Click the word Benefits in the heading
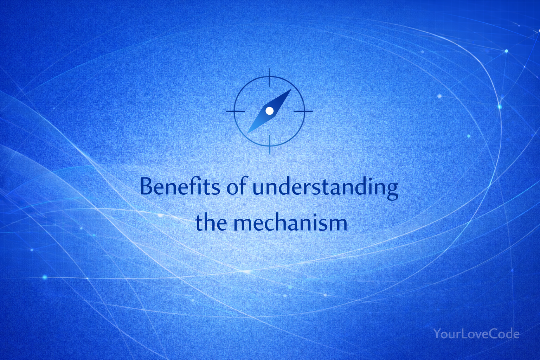[180, 187]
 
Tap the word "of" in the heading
[237, 186]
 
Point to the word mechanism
[290, 222]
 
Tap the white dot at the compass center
[270, 111]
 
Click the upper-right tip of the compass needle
[291, 89]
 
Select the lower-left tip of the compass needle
[247, 133]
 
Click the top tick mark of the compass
[270, 77]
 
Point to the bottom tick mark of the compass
[270, 144]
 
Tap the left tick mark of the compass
[236, 111]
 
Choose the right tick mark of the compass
[303, 111]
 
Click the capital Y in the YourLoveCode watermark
[437, 334]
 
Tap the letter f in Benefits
[190, 186]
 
